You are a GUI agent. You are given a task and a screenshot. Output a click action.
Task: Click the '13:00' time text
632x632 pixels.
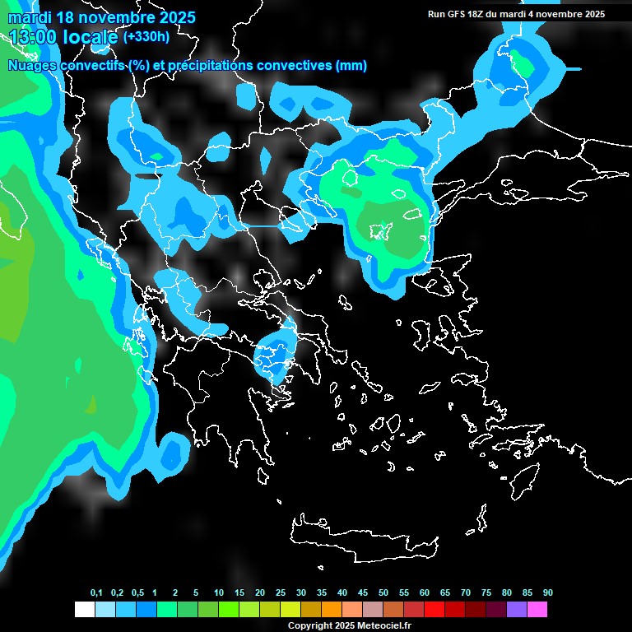(x=34, y=37)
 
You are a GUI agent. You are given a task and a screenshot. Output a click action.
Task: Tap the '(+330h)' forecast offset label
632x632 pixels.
(x=146, y=36)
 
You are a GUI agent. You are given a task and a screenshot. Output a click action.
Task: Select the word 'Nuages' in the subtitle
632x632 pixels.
(x=33, y=66)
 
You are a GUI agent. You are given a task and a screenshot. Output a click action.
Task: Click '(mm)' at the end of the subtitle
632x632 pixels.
(x=351, y=66)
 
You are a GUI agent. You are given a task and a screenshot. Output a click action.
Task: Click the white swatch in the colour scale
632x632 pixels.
(x=84, y=610)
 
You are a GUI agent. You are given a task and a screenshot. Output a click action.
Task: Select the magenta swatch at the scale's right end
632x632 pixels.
(x=537, y=610)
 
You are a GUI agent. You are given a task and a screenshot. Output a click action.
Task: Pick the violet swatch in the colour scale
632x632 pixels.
(x=516, y=610)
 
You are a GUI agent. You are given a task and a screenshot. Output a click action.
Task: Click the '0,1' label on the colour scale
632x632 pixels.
(x=96, y=593)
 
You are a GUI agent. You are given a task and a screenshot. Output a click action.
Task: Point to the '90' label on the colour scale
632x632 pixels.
(x=548, y=593)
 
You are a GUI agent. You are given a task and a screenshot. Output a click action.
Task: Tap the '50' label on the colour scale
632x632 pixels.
(x=383, y=593)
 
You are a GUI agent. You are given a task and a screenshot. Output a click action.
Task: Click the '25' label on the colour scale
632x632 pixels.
(x=281, y=593)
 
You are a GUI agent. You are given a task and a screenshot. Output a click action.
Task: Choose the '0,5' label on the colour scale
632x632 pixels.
(x=137, y=593)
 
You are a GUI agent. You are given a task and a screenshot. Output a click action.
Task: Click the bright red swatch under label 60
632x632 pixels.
(x=434, y=610)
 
